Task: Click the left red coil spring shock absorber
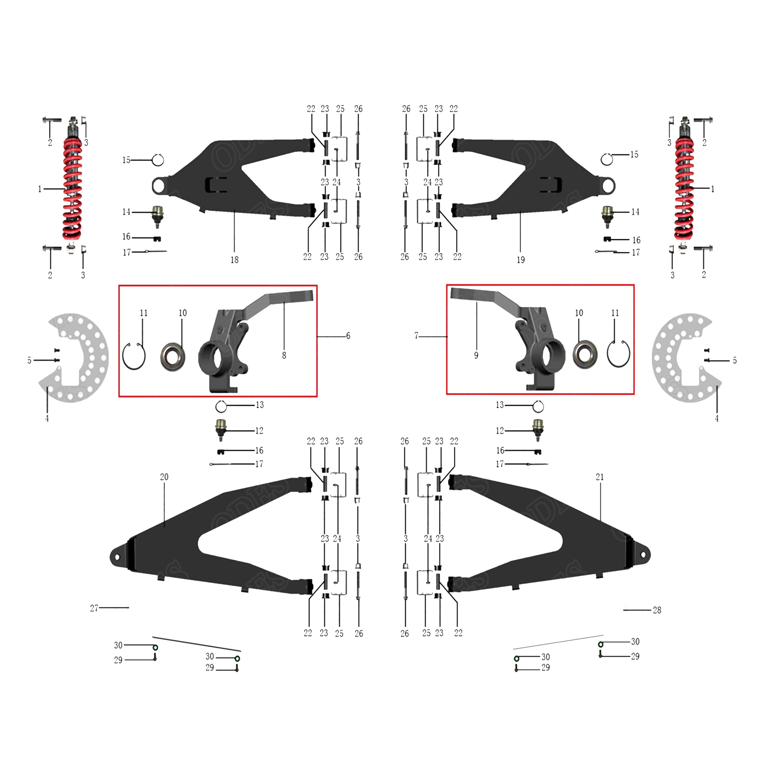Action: [72, 188]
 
